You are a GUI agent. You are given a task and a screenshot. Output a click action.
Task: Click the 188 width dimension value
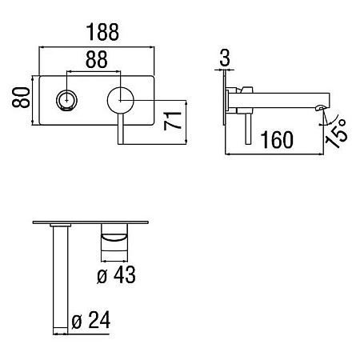tap(102, 32)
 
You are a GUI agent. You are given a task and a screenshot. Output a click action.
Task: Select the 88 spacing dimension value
tap(97, 59)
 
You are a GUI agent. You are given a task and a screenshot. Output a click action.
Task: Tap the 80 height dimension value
tap(21, 97)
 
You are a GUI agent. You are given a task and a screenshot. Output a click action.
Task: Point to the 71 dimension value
tap(172, 121)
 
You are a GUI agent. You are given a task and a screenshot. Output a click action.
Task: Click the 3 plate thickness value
tap(225, 58)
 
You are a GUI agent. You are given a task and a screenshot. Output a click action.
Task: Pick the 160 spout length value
tap(277, 139)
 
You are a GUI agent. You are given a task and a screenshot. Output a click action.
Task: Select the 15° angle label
tap(337, 133)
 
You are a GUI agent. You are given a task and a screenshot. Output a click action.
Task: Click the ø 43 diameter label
tap(116, 274)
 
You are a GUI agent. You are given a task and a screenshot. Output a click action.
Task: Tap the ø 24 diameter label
tap(91, 319)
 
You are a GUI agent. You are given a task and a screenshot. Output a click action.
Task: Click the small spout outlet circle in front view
tap(66, 101)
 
